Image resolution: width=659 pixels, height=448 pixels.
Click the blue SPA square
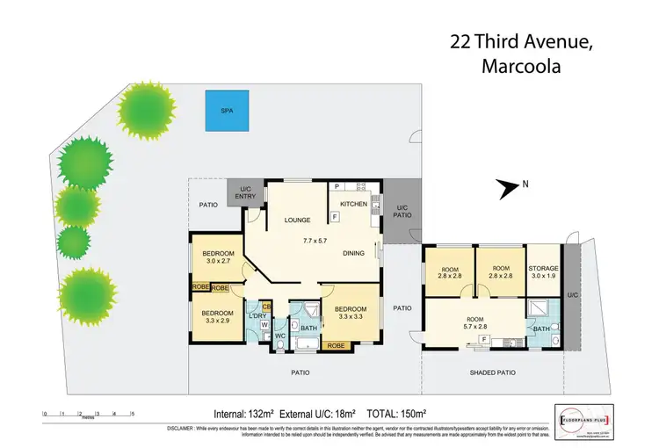coord(226,112)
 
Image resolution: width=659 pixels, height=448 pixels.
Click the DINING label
coord(354,254)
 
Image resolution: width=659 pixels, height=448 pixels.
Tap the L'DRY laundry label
coord(258,315)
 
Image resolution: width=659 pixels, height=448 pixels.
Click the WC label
coord(279,336)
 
